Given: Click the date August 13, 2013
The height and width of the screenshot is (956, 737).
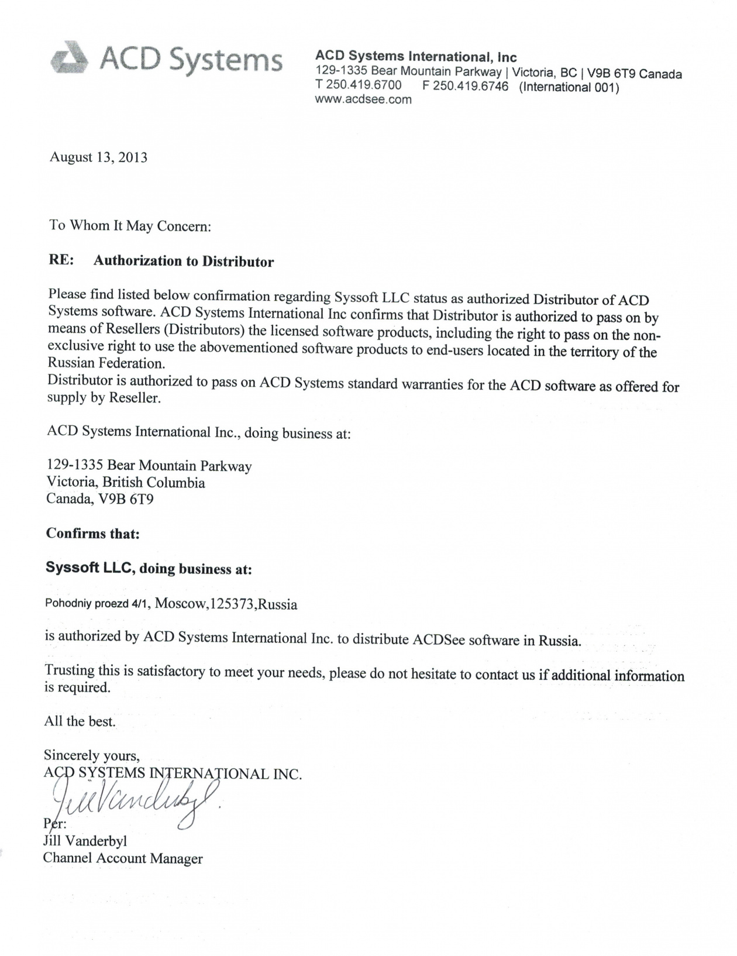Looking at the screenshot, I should (98, 157).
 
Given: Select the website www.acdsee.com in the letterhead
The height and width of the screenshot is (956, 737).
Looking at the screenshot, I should (363, 99).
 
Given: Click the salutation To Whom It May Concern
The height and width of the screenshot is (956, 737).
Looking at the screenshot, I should (130, 226).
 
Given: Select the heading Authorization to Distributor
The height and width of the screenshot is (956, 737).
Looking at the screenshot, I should (184, 261).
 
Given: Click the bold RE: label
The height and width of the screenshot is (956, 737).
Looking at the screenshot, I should (61, 260).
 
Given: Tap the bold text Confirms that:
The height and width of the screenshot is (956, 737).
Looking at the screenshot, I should (92, 534).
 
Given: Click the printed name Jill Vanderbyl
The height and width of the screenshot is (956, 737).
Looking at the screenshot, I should (85, 841).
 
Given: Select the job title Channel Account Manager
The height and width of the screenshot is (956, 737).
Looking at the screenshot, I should (123, 859).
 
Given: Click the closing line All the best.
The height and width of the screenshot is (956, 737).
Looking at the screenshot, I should (80, 721).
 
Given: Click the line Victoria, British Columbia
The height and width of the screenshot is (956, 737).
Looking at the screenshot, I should (126, 483).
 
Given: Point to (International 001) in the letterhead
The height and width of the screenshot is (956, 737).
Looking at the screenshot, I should (569, 88).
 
